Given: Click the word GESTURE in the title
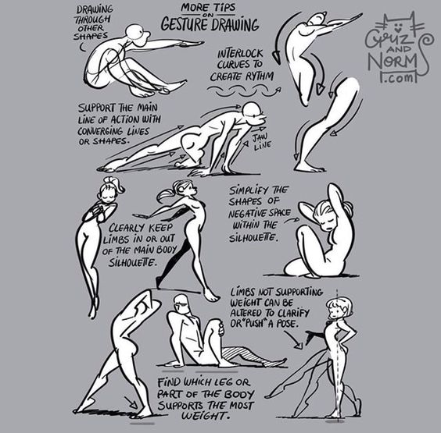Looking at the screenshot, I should tap(185, 24).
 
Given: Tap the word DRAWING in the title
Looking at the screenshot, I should tap(235, 24).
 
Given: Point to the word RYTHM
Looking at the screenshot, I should tap(258, 76).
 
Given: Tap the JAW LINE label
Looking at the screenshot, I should tap(260, 141).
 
